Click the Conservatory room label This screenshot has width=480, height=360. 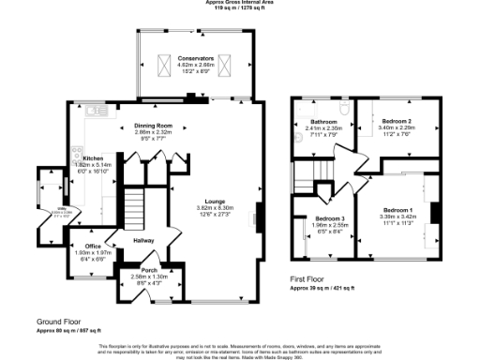[x=198, y=58]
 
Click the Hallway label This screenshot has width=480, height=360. [x=143, y=241]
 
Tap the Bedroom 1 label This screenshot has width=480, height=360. [x=397, y=210]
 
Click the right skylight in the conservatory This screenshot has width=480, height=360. [x=229, y=64]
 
